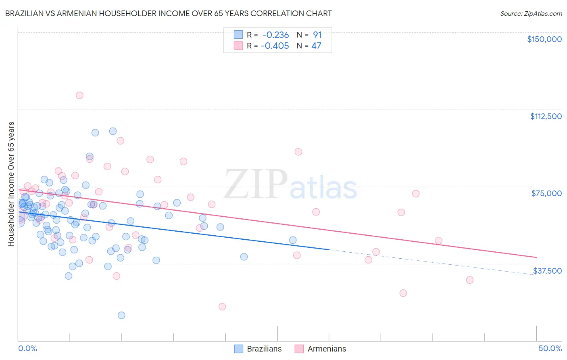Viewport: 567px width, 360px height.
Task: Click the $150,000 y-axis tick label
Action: tap(544, 39)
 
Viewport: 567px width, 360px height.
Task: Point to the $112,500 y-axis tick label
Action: tap(546, 116)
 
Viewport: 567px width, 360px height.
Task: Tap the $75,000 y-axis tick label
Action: tap(546, 193)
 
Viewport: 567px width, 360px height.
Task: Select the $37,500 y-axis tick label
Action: tap(547, 271)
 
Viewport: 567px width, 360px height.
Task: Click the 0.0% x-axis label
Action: tap(27, 348)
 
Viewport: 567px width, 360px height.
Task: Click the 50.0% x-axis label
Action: tap(550, 348)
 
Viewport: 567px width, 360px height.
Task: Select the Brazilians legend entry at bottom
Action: tap(258, 349)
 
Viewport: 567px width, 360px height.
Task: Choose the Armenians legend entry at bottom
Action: tap(321, 349)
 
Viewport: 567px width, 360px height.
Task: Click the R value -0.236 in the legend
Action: tap(275, 35)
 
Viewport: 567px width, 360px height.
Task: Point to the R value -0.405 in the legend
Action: tap(275, 46)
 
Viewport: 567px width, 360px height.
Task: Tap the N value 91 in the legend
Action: tap(317, 35)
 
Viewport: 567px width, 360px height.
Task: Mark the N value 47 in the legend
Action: tap(316, 46)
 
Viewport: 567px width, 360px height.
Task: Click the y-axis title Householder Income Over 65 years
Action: tap(11, 184)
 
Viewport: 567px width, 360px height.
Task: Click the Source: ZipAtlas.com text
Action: tap(531, 13)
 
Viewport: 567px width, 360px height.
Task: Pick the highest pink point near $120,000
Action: tap(79, 95)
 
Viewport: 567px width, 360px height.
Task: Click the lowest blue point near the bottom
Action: tap(121, 315)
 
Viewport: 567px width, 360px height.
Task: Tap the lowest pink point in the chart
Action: tap(222, 307)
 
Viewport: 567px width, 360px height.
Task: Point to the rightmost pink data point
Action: tap(469, 280)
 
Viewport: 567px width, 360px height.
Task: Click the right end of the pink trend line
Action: tap(536, 257)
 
